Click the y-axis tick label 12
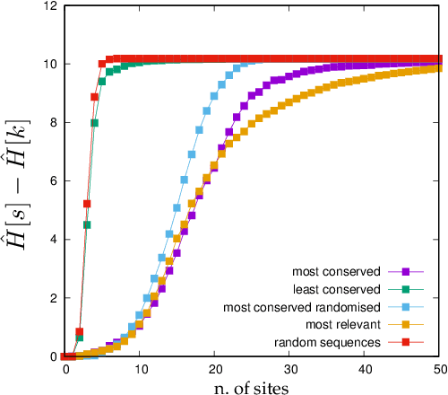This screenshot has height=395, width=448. pos(52,6)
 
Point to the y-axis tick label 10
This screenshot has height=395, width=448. pos(52,65)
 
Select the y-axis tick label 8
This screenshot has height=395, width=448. pos(55,123)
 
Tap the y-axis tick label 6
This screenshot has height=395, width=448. pos(55,181)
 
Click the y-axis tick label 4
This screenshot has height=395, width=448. pos(55,240)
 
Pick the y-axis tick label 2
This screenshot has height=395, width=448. pos(55,298)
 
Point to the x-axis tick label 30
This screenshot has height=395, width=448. pos(289,369)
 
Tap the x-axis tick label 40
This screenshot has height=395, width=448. pos(365,369)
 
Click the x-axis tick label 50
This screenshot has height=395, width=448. pos(438,369)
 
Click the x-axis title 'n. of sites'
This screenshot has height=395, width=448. pos(252,386)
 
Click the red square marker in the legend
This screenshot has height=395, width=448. pos(405,342)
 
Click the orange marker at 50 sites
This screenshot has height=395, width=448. pos(439,68)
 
